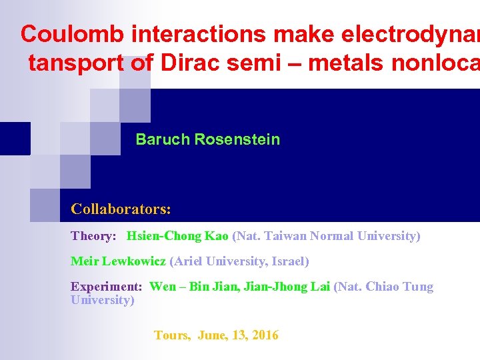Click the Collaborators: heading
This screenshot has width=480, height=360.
(x=121, y=209)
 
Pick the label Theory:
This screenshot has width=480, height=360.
(x=94, y=236)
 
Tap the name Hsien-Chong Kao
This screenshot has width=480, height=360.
(x=178, y=236)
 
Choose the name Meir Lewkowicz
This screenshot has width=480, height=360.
(x=118, y=261)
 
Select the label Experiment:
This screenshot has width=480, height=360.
(x=107, y=287)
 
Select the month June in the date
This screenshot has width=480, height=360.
(x=212, y=335)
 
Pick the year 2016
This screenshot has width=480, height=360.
(x=265, y=335)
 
